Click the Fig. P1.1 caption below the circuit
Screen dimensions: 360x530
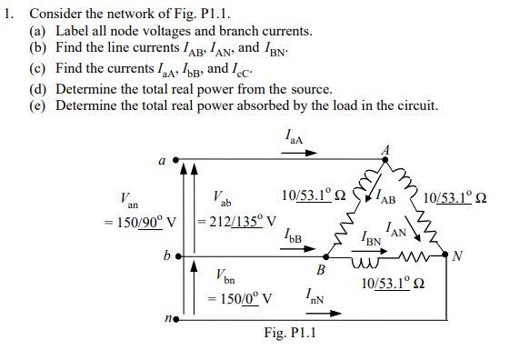pos(289,333)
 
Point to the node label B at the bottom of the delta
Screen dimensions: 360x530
pos(320,270)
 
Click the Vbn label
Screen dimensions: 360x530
pos(225,275)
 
